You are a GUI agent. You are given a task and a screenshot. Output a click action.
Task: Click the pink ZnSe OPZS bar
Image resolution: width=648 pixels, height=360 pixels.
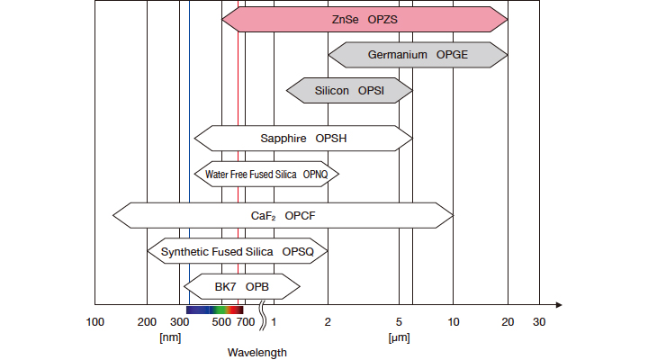364,20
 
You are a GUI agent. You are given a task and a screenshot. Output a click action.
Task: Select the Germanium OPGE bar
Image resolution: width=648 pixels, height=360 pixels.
418,55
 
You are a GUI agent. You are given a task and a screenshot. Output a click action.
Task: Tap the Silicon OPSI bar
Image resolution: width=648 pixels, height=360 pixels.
349,91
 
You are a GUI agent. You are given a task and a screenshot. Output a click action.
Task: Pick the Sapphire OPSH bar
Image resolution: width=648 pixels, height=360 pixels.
303,138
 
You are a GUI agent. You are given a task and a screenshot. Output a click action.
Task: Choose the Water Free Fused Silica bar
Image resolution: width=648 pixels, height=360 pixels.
266,174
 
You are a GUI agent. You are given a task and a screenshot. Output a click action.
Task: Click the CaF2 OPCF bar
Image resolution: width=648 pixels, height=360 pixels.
283,215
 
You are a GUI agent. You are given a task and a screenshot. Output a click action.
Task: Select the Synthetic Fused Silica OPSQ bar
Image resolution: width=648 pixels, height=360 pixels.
238,251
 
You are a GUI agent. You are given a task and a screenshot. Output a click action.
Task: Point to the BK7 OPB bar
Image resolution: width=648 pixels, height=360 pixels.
242,286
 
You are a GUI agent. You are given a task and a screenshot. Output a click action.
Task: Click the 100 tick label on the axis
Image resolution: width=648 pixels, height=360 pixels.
95,322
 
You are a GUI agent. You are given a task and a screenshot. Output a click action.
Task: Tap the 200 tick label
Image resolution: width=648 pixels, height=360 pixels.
147,322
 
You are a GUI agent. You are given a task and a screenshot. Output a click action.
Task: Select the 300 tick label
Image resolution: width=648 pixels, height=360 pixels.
179,322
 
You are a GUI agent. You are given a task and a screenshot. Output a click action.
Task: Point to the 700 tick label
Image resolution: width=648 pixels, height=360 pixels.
246,322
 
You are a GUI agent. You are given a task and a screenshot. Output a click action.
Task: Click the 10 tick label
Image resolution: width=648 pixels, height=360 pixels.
454,322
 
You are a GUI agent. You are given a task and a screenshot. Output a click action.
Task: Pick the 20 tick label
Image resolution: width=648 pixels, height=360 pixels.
508,322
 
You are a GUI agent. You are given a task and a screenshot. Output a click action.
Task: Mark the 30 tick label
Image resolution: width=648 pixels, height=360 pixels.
539,322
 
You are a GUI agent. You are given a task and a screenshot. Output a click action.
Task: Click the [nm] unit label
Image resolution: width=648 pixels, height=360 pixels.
170,337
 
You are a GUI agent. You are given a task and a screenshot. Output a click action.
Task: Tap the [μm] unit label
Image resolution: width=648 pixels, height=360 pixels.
399,337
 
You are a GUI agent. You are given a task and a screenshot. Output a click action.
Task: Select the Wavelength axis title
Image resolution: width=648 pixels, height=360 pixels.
257,353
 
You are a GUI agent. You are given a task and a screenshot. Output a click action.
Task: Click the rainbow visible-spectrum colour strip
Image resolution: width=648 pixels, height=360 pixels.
215,310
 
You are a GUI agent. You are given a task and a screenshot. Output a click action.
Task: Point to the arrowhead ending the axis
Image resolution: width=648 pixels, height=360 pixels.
559,305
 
